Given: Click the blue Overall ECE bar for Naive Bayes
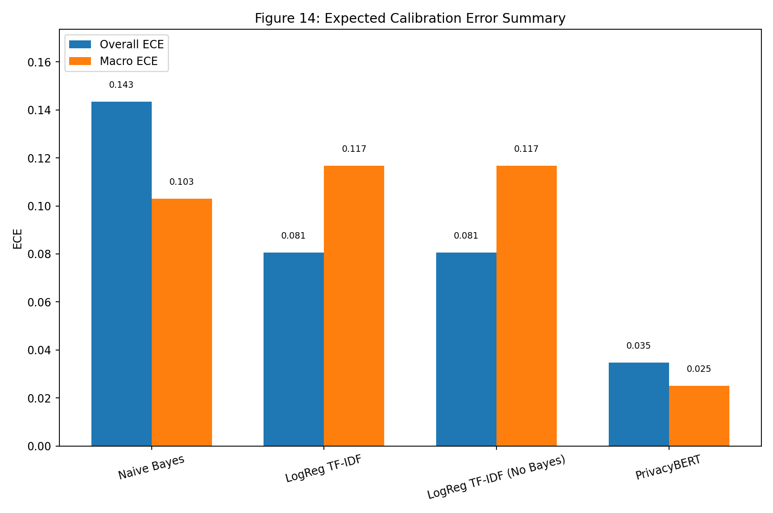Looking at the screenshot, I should click(x=122, y=274).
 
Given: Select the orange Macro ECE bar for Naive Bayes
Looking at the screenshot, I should click(x=182, y=322).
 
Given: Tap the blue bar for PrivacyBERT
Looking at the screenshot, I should click(x=638, y=404).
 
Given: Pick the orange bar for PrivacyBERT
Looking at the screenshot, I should click(x=699, y=416).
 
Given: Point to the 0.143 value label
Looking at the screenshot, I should click(x=121, y=85).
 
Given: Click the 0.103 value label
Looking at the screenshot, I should click(x=181, y=182).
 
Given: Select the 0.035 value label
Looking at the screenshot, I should click(x=638, y=346).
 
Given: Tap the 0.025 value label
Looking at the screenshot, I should click(x=699, y=369).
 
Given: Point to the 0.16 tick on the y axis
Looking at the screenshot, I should click(x=39, y=63).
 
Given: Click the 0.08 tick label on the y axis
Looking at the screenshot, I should click(x=39, y=254).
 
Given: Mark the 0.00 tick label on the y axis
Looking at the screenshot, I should click(x=39, y=447).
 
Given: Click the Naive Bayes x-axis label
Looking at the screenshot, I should click(x=151, y=468).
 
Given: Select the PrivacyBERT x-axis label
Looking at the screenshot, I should click(x=668, y=468).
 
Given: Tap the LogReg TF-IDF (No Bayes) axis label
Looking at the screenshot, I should click(x=496, y=477).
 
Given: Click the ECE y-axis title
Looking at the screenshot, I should click(x=18, y=239).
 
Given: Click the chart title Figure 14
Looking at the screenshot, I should click(x=410, y=19).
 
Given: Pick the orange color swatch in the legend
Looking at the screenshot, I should click(x=80, y=61).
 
